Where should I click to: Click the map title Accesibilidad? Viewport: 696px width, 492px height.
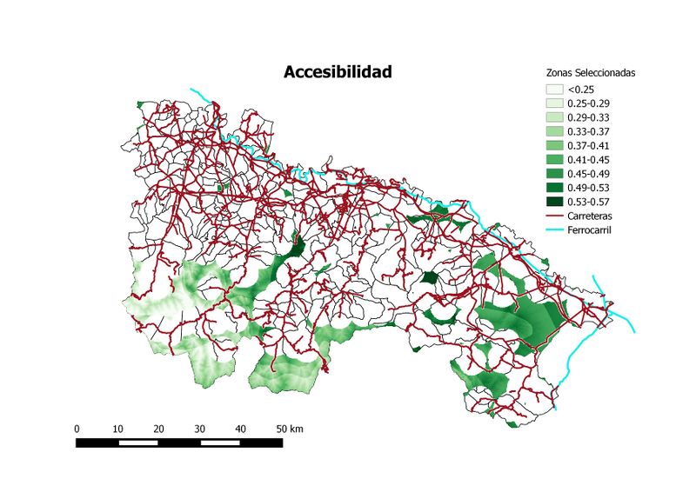338,72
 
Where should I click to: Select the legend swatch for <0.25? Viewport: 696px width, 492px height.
554,89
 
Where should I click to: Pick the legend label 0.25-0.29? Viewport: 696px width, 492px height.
589,103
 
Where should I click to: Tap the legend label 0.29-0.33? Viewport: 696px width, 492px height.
589,116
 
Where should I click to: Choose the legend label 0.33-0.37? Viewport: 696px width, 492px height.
589,131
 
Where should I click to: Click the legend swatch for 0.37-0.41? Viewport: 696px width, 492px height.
554,145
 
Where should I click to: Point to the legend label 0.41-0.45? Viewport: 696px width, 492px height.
589,159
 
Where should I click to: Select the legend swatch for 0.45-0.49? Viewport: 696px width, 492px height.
554,173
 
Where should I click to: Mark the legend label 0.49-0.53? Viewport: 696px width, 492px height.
589,187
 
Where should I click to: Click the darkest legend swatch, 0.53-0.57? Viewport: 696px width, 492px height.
554,202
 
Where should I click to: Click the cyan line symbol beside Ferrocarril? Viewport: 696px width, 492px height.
554,229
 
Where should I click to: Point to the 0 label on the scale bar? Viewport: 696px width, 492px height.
77,429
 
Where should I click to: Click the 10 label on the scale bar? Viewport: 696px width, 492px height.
117,429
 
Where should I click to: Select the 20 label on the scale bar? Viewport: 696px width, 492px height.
158,429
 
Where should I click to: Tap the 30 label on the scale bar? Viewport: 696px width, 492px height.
199,429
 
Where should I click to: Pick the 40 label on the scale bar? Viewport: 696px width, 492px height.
240,429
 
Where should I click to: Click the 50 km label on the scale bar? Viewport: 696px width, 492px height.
289,429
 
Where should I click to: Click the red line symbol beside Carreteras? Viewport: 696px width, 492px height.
554,216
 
